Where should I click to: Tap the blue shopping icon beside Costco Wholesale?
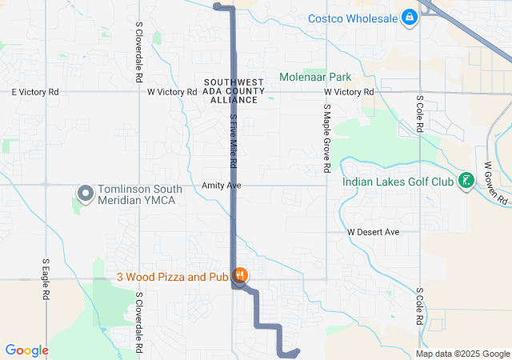click(410, 17)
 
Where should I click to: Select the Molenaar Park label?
click(316, 78)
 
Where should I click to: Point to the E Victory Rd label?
click(35, 92)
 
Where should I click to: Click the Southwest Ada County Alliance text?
click(234, 91)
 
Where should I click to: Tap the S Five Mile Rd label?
click(234, 140)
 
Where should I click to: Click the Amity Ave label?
click(222, 185)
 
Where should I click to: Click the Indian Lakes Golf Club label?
click(397, 182)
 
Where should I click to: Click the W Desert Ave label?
click(373, 232)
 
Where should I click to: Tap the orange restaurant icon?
click(240, 276)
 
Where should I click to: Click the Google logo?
click(26, 350)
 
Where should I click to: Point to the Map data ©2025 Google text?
click(462, 354)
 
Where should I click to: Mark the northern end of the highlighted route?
click(218, 6)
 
